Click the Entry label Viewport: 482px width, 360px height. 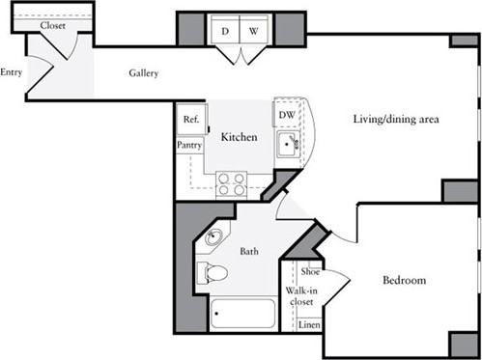coord(12,71)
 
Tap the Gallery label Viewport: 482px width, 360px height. coord(144,73)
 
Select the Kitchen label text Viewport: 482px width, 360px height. coord(239,138)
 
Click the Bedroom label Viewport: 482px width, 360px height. coord(404,281)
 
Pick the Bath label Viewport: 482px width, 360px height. coord(249,252)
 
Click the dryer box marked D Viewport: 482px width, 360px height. coord(224,31)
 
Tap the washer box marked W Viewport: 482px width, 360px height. coord(253,31)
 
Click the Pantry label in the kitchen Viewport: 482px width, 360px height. coord(189,145)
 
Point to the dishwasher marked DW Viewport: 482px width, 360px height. coord(286,115)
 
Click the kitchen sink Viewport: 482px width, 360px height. coord(288,145)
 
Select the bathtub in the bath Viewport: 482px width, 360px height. coord(241,314)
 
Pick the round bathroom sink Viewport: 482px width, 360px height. coord(213,237)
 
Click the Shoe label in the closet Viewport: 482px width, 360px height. coord(309,272)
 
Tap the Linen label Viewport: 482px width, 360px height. coord(308,324)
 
